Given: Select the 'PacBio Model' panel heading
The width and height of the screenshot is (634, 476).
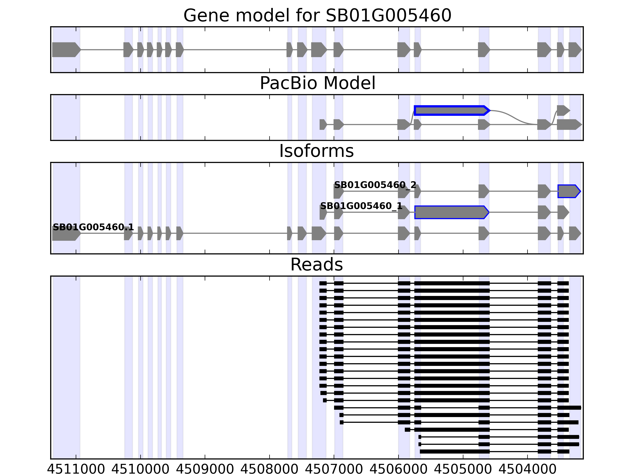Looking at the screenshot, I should tap(317, 83).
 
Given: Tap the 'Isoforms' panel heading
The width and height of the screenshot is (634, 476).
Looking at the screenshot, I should tap(316, 151).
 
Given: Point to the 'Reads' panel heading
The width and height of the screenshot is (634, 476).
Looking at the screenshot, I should tap(316, 265).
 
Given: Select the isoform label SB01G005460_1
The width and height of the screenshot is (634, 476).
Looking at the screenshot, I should tap(361, 206).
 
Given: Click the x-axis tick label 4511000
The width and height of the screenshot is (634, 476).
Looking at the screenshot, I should tap(76, 469).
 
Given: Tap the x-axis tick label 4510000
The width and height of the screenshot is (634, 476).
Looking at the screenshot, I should tap(140, 469).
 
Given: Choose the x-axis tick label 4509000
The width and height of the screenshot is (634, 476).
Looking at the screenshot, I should tap(205, 469).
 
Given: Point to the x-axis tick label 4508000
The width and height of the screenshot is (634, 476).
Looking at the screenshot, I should tap(269, 469).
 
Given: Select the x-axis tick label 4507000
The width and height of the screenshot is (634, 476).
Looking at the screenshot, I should tap(334, 469).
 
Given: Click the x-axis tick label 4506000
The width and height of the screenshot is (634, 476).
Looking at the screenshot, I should tap(398, 469).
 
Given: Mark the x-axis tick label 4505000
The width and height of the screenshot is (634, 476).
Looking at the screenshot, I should tap(463, 469).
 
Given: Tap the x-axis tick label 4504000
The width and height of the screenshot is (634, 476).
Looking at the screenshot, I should tap(527, 469).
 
